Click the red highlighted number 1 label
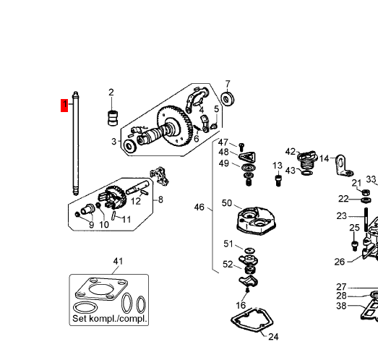click(64, 105)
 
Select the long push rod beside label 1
click(76, 143)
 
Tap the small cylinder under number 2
click(113, 118)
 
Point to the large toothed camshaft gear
click(175, 126)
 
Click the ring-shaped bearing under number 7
click(228, 99)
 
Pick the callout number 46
click(199, 207)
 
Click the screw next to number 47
click(241, 146)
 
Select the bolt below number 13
click(278, 181)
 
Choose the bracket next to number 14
click(343, 166)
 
